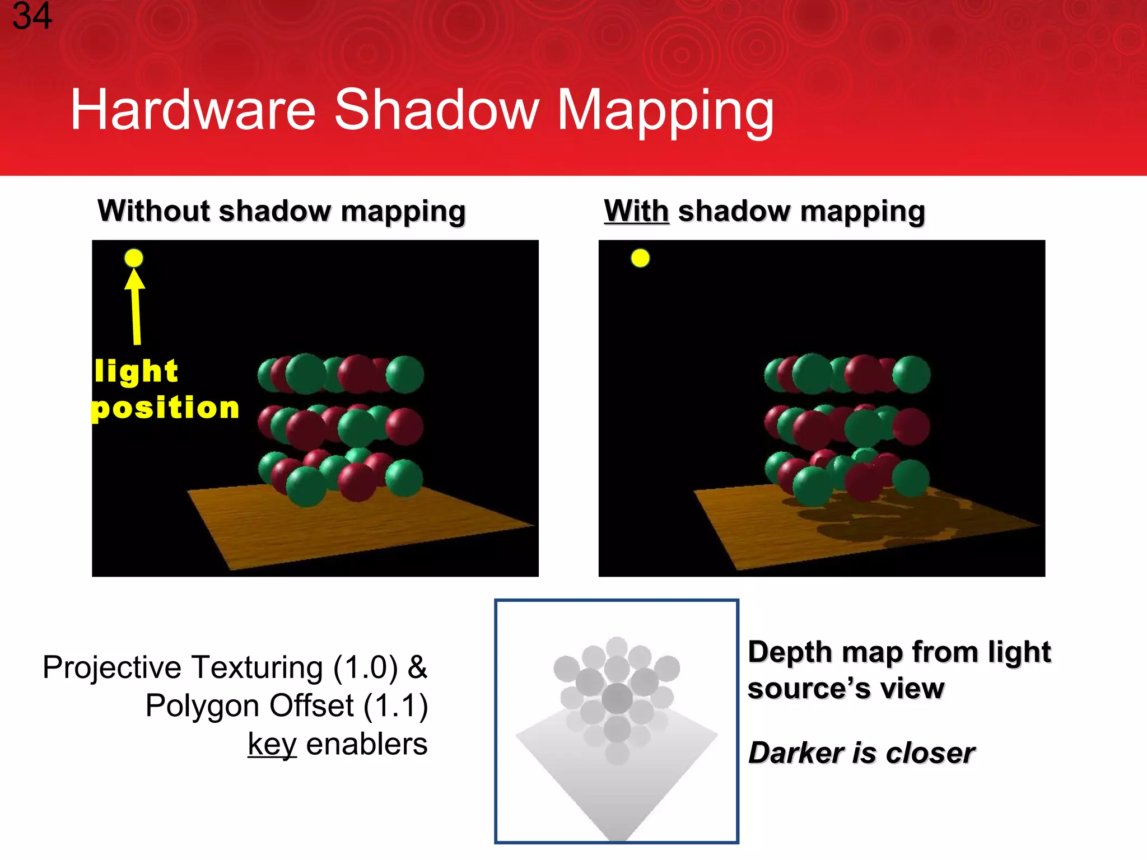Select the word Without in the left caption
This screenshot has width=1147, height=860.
tap(153, 211)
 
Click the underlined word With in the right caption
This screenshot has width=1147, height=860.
tap(636, 211)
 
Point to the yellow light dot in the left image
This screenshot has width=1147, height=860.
tap(134, 258)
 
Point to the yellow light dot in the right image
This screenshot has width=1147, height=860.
tap(640, 258)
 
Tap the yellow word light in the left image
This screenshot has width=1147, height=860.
tap(136, 371)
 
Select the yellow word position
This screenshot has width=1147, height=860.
tap(166, 408)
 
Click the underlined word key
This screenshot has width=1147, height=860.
tap(272, 745)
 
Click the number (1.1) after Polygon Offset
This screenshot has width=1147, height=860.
tap(395, 705)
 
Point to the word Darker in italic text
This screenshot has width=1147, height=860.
tap(795, 752)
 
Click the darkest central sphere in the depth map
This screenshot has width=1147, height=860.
tap(617, 698)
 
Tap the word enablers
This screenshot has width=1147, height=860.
tap(367, 745)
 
